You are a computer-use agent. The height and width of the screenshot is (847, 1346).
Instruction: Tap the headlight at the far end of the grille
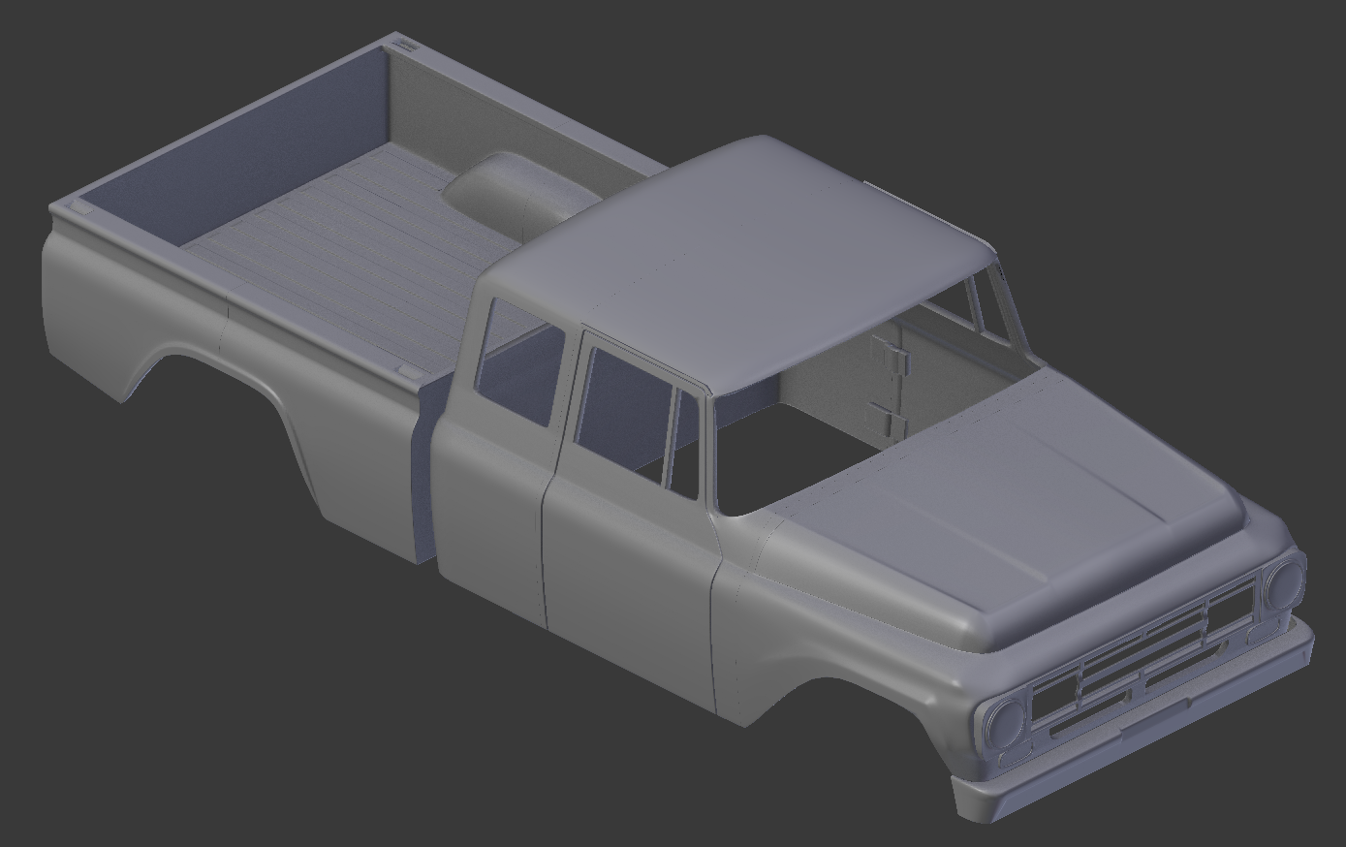pos(1285,583)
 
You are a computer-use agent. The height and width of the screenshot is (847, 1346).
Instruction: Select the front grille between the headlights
pos(1143,659)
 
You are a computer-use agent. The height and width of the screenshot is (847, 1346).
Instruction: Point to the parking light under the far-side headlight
pos(1261,634)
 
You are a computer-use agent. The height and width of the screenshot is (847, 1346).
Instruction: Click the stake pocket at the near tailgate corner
pos(81,207)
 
